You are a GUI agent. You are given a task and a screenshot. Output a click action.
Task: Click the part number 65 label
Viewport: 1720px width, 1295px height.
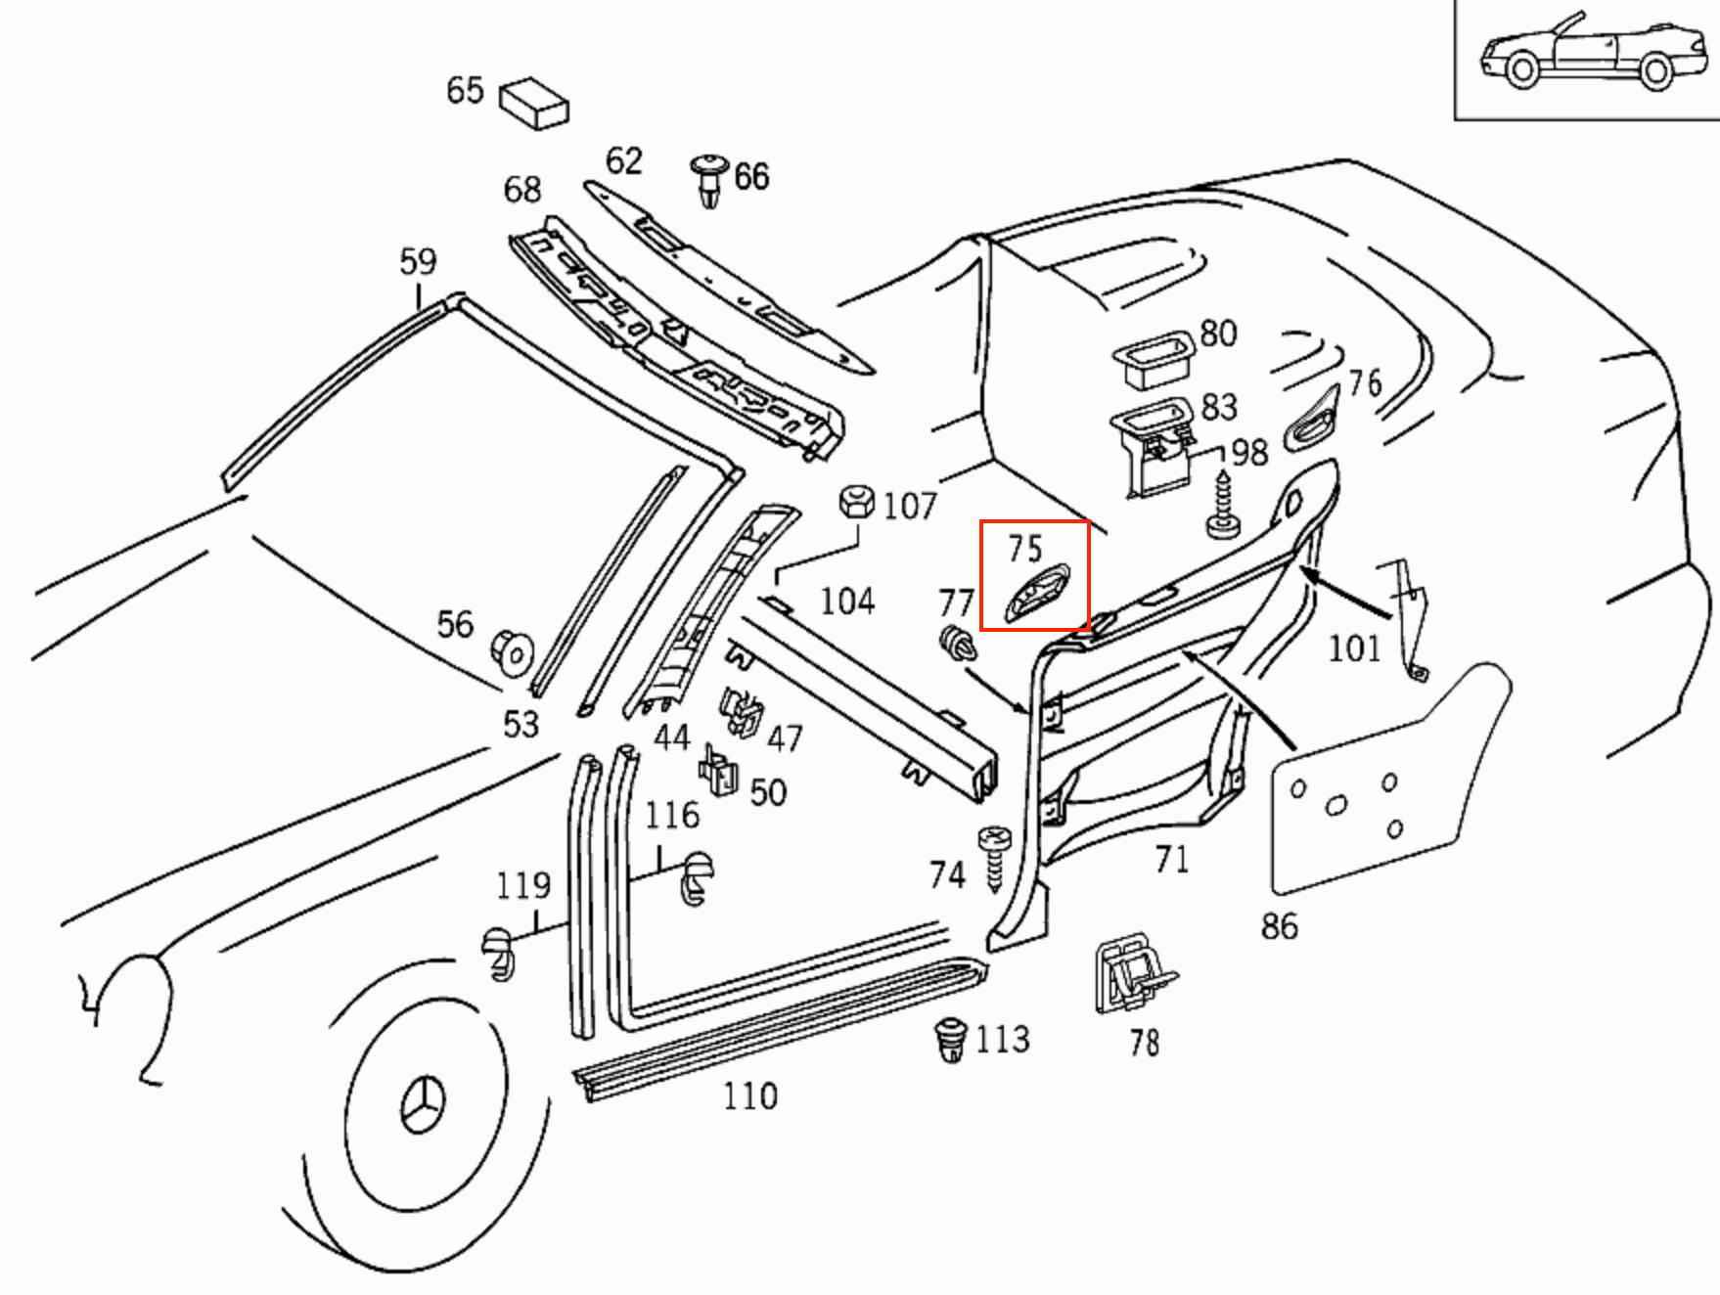[x=465, y=90]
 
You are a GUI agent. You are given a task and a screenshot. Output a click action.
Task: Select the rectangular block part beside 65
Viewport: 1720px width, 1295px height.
[x=534, y=103]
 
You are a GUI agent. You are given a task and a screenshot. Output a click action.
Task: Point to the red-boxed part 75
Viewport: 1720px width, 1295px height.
[x=1038, y=593]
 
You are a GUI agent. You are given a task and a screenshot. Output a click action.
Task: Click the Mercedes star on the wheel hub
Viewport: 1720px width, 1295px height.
[x=424, y=1104]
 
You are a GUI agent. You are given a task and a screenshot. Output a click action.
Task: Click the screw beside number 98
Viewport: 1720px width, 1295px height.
[x=1223, y=505]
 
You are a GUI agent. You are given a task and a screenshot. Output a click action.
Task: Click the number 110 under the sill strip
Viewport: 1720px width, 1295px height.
[x=749, y=1096]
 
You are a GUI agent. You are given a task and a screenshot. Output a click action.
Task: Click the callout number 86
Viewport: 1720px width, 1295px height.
[x=1279, y=925]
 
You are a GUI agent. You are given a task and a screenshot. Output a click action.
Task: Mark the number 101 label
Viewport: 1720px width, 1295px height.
[x=1353, y=647]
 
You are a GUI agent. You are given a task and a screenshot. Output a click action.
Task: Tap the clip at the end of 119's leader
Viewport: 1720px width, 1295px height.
[x=499, y=955]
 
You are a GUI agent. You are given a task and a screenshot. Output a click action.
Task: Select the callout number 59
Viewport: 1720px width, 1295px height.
[x=418, y=261]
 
